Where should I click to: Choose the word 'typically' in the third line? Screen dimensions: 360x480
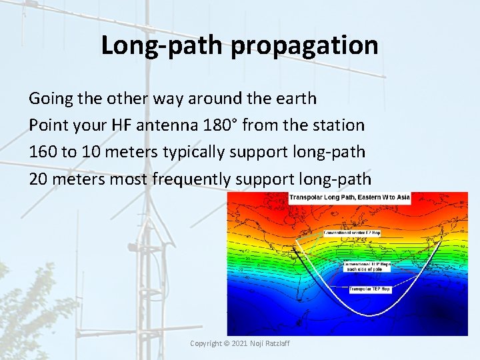tap(193, 152)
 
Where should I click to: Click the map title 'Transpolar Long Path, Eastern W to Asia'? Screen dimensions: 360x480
tap(349, 197)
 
